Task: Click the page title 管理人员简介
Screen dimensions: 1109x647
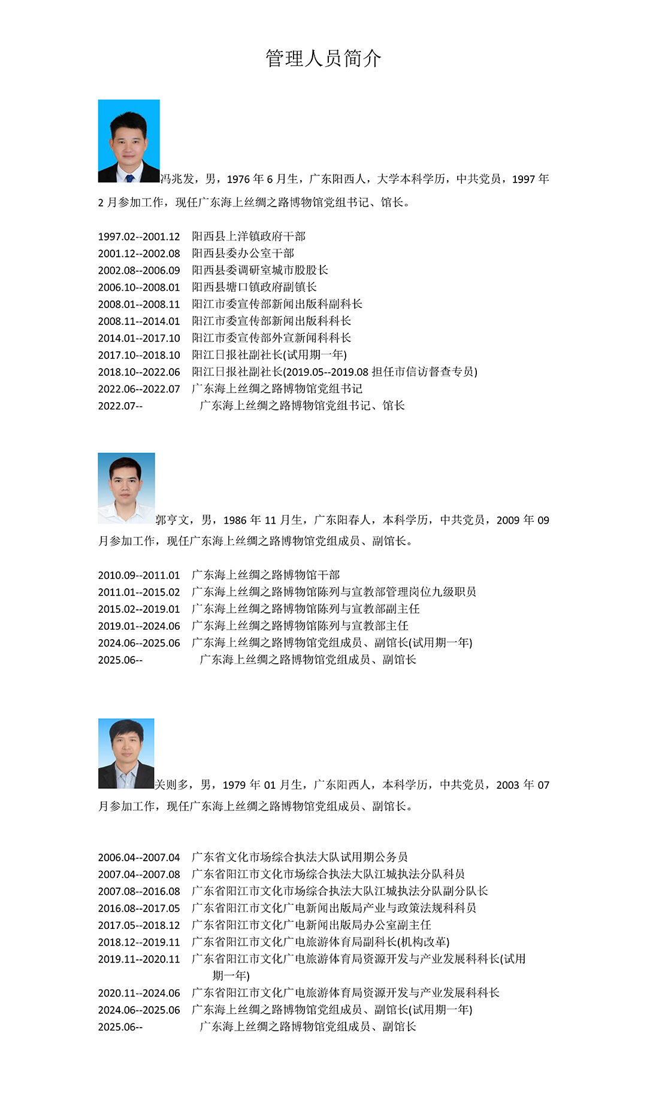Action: pyautogui.click(x=323, y=59)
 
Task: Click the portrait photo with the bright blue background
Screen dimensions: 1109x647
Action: pyautogui.click(x=129, y=141)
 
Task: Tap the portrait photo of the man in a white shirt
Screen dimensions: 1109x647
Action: pyautogui.click(x=126, y=488)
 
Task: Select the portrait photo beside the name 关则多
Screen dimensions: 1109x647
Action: pyautogui.click(x=126, y=753)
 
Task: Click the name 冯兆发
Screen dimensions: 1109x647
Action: pyautogui.click(x=177, y=179)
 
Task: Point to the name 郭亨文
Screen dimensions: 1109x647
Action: pyautogui.click(x=173, y=520)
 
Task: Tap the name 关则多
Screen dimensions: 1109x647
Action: pyautogui.click(x=173, y=785)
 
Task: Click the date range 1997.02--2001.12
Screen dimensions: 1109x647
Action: pyautogui.click(x=139, y=237)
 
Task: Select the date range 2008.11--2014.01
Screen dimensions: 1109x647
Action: pyautogui.click(x=139, y=321)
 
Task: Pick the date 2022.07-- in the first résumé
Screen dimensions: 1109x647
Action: pyautogui.click(x=120, y=406)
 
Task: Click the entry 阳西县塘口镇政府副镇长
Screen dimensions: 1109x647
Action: pyautogui.click(x=254, y=287)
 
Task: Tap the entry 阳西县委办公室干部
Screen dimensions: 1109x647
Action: pyautogui.click(x=243, y=254)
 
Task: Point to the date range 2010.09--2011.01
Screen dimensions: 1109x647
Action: pyautogui.click(x=139, y=576)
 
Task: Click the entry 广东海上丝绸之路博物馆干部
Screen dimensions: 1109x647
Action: pyautogui.click(x=265, y=575)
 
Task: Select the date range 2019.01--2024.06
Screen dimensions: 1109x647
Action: pyautogui.click(x=139, y=626)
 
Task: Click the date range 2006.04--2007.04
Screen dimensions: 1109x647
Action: pyautogui.click(x=139, y=858)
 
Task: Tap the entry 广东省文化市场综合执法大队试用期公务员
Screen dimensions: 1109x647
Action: pyautogui.click(x=300, y=857)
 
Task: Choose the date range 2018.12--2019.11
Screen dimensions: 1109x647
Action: pyautogui.click(x=139, y=943)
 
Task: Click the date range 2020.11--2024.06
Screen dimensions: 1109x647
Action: pyautogui.click(x=139, y=993)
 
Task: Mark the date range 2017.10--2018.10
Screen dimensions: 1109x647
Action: pyautogui.click(x=139, y=356)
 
